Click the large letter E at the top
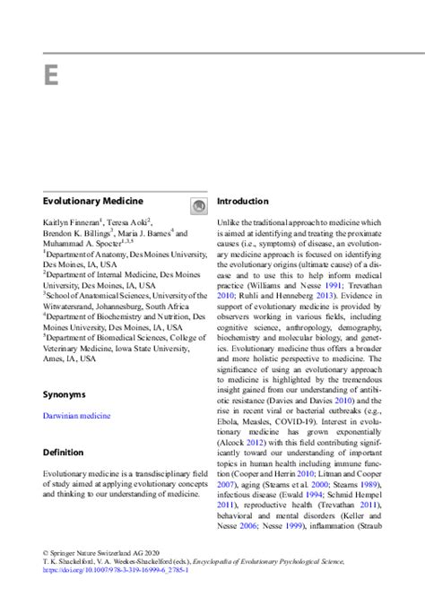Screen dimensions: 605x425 coord(50,73)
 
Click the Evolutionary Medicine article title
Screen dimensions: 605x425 coord(93,202)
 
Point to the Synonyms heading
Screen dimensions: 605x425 coord(65,393)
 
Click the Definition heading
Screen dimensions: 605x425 coord(64,452)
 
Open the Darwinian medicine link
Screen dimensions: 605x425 coord(77,416)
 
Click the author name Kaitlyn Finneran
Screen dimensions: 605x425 coord(73,221)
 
